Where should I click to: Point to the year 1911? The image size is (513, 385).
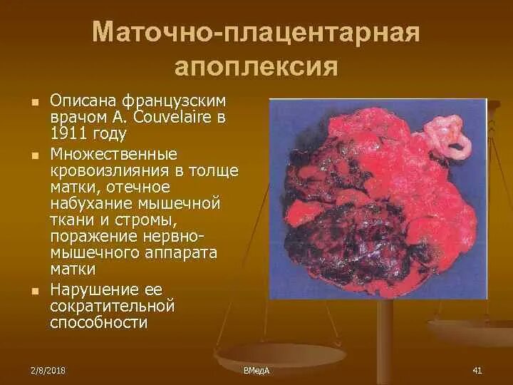(x=69, y=132)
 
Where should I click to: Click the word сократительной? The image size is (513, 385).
(x=113, y=305)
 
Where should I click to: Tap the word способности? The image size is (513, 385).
(x=99, y=322)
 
